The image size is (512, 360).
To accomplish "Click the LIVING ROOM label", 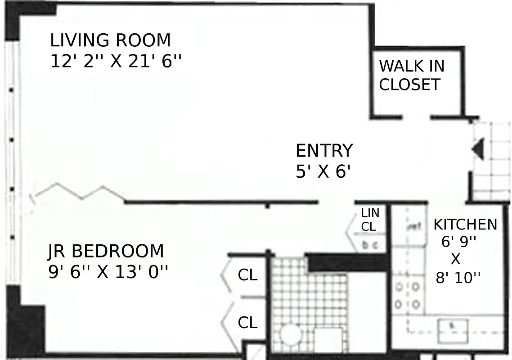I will click(110, 40).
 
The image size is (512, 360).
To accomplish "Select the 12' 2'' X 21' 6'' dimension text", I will click(116, 60).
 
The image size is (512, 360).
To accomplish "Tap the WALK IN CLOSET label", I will click(411, 75).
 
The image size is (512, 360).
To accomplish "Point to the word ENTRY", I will click(324, 151).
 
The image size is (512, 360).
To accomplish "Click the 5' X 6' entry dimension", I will click(323, 171).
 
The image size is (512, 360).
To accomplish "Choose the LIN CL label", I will click(370, 220).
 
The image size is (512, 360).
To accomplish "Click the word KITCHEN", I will click(465, 224).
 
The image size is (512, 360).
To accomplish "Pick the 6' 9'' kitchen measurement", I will click(458, 242).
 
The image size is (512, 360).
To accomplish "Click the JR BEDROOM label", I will click(106, 251).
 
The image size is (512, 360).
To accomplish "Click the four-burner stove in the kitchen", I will click(407, 295).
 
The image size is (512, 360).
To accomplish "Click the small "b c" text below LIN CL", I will click(369, 245).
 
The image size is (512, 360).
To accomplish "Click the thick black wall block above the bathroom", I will click(346, 263).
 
